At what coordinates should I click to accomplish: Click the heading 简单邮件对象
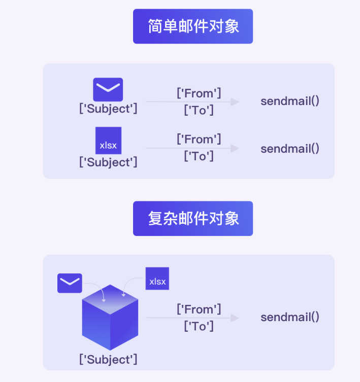click(x=193, y=26)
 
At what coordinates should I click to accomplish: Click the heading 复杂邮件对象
click(x=193, y=219)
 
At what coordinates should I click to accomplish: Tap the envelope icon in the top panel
click(x=108, y=89)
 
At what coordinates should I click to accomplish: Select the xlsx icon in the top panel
click(x=108, y=141)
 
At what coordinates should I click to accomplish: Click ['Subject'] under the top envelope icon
click(x=108, y=108)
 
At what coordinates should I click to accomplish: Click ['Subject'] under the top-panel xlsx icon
click(x=108, y=162)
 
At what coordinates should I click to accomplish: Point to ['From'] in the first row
click(x=199, y=93)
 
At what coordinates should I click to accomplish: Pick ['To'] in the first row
click(x=199, y=110)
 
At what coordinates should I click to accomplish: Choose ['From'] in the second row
click(x=199, y=139)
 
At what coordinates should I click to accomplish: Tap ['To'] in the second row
click(x=199, y=156)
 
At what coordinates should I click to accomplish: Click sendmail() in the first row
click(x=290, y=100)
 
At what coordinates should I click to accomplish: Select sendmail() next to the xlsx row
click(x=290, y=149)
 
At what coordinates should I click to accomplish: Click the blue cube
click(x=110, y=317)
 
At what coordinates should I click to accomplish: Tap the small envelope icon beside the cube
click(x=70, y=283)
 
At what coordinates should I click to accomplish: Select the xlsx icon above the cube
click(x=157, y=279)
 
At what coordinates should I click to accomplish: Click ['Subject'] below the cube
click(x=108, y=360)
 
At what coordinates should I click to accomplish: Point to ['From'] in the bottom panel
click(x=199, y=309)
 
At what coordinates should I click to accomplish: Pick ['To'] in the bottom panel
click(x=199, y=326)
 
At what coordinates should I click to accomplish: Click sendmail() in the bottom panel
click(x=290, y=318)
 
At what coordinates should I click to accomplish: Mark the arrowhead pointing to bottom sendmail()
click(x=234, y=318)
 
